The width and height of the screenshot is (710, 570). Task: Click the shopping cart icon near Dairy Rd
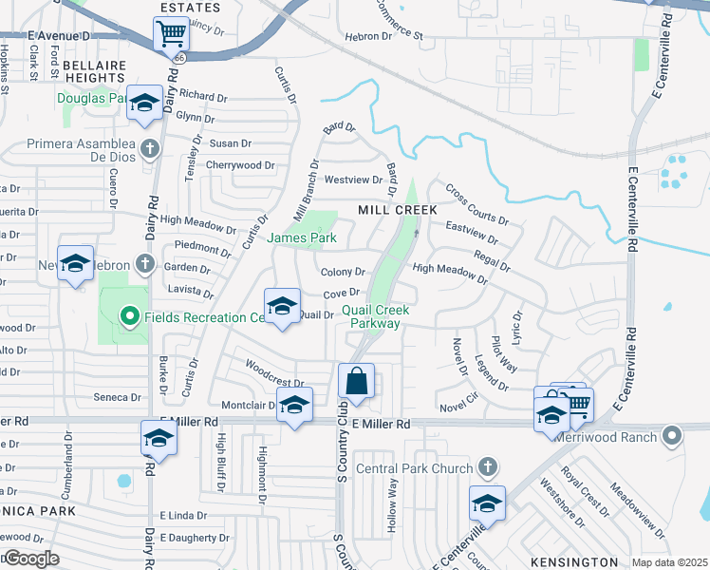click(x=171, y=34)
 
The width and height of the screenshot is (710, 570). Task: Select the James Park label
click(x=303, y=237)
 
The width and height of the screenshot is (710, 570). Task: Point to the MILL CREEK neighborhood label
click(x=397, y=209)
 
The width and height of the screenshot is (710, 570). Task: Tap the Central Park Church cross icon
click(x=486, y=467)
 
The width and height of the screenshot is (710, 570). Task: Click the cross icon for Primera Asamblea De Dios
click(x=149, y=149)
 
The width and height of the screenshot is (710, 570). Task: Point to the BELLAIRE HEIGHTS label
click(x=94, y=69)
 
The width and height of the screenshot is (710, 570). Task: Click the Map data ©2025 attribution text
click(x=669, y=562)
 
